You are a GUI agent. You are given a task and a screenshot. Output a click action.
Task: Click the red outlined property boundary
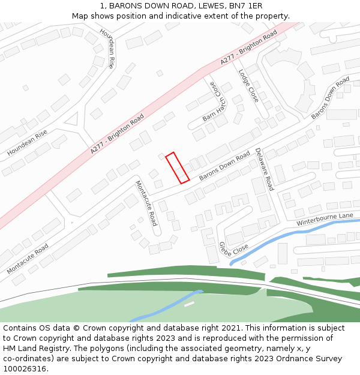click(177, 167)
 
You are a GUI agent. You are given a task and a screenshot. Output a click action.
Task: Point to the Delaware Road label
click(264, 169)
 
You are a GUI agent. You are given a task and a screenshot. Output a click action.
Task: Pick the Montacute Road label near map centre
click(146, 203)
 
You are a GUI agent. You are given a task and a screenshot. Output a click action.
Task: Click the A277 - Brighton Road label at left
click(118, 134)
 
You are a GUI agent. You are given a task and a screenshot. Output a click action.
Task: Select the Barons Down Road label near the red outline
click(224, 167)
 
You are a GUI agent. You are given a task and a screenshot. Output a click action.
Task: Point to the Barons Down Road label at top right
click(330, 97)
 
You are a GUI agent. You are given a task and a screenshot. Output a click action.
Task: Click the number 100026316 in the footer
click(24, 369)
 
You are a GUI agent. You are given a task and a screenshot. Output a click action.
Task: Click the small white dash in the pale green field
click(189, 304)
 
